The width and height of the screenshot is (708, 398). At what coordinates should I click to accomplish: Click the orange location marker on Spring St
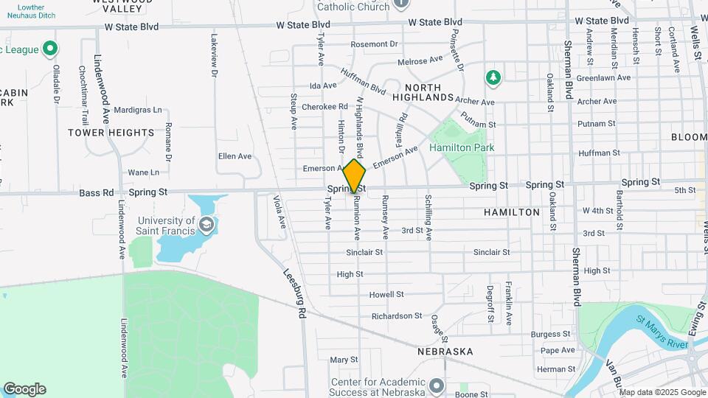coord(355,176)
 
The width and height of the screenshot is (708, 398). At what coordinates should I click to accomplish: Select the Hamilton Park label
coord(462,147)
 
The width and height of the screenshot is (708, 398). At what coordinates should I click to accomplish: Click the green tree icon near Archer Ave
coord(493,77)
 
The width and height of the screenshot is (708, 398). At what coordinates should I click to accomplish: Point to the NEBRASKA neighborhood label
coord(445,352)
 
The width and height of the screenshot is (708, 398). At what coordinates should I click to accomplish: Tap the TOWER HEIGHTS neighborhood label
coord(111,133)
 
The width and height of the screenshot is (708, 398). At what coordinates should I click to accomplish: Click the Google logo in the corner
coord(24,389)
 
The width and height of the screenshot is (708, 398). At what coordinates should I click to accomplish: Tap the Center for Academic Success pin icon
coord(437,385)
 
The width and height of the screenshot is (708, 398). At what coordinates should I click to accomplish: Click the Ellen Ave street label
coord(235,156)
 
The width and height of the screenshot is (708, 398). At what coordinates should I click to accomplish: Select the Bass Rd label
coord(97,193)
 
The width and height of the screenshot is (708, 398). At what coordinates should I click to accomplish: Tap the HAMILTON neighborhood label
coord(512,212)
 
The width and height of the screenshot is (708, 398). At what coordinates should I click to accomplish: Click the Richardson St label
coord(396,316)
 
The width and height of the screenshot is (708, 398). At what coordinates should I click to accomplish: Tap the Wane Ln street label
coord(143,172)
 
